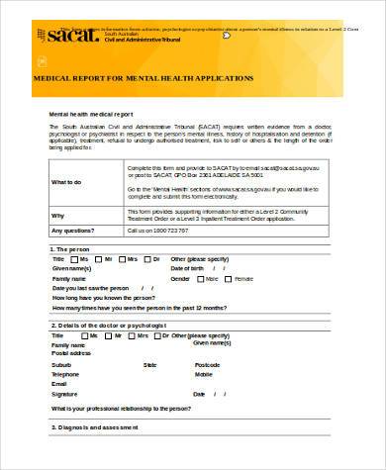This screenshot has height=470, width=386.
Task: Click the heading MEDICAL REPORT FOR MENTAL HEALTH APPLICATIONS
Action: click(144, 77)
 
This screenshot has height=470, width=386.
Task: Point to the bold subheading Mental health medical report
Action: click(90, 115)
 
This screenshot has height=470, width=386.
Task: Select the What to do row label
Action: click(66, 183)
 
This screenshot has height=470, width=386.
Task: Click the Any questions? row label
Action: click(70, 230)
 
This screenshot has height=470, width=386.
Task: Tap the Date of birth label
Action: click(188, 268)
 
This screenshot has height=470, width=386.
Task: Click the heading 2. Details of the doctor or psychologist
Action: click(109, 325)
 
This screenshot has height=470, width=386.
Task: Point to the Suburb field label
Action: click(61, 366)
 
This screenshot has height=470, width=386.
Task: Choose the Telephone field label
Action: click(65, 375)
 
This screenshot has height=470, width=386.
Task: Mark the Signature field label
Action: click(64, 394)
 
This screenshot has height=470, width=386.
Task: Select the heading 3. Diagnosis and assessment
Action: click(97, 427)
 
